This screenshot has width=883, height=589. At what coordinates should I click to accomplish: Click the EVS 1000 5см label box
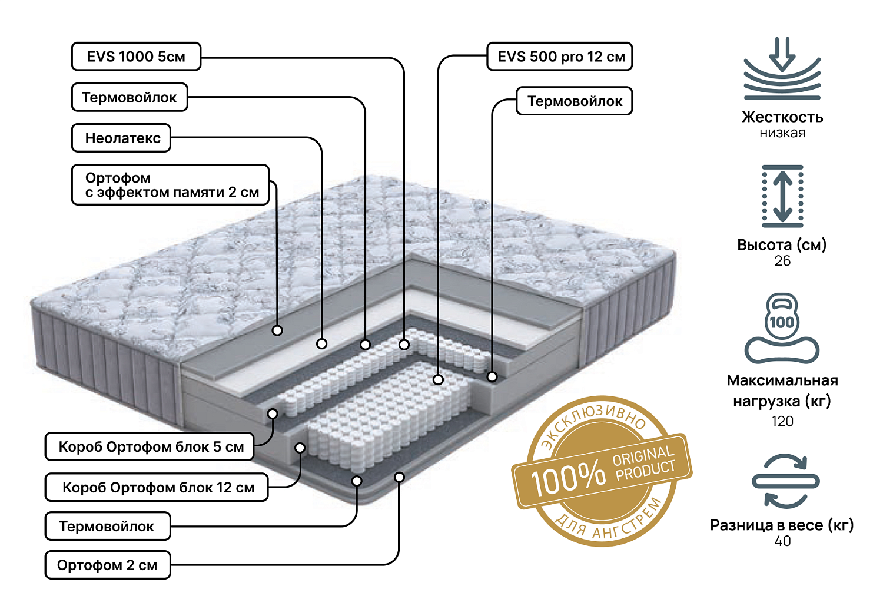click(x=136, y=57)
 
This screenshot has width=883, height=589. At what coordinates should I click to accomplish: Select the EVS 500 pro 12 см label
click(x=560, y=57)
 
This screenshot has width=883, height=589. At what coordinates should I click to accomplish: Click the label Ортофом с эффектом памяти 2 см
click(x=170, y=185)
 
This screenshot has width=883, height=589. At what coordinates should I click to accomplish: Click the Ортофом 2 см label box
click(x=108, y=565)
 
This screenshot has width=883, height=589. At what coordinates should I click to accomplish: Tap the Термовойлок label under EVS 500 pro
click(x=574, y=101)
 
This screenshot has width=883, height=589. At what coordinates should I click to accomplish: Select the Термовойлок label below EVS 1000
click(x=130, y=97)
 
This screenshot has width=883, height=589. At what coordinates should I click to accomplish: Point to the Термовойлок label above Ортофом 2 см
click(x=108, y=526)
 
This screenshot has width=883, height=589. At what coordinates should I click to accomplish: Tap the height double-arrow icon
click(x=782, y=196)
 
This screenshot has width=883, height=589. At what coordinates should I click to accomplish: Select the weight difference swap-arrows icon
click(x=785, y=481)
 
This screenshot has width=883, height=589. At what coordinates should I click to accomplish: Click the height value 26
click(x=782, y=261)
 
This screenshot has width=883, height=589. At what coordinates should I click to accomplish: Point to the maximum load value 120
click(x=782, y=421)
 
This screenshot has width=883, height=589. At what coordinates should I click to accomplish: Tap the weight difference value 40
click(x=782, y=541)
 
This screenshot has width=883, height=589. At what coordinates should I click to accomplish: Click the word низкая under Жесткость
click(x=782, y=133)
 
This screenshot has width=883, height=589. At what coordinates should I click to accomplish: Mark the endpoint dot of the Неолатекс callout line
click(x=321, y=343)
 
